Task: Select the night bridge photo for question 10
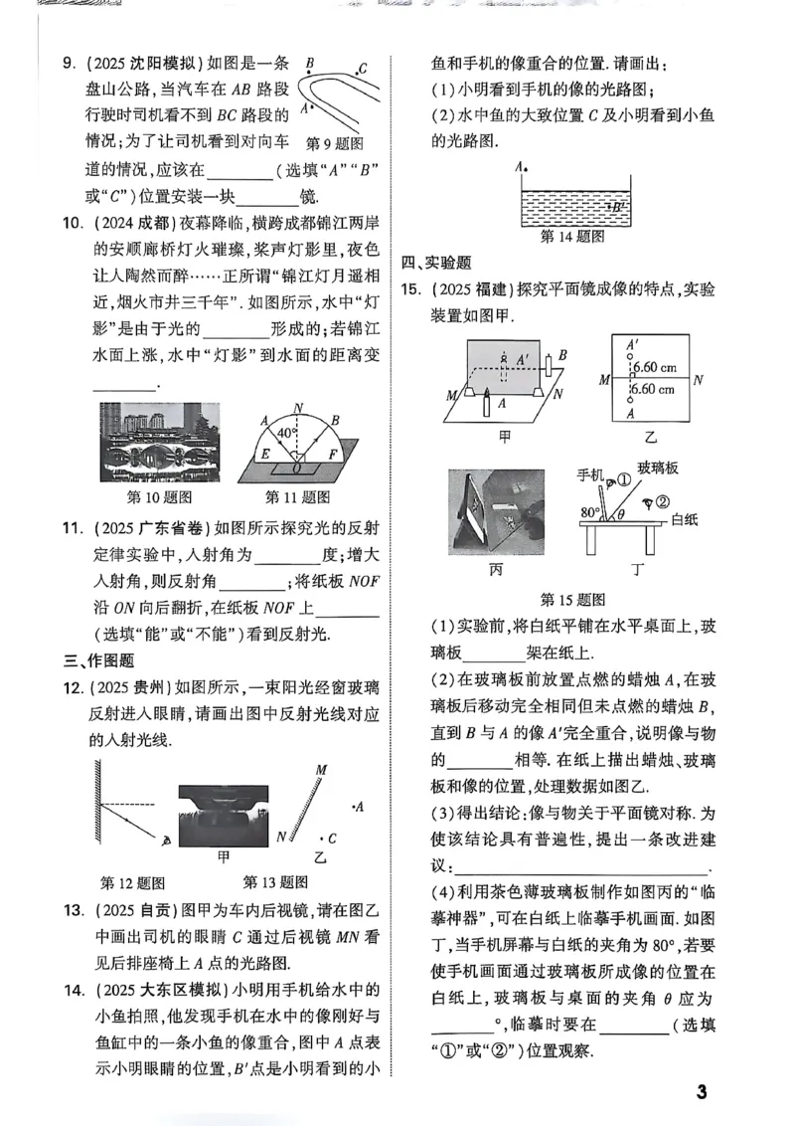157,443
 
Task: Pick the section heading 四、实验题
436,263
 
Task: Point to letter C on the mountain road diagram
364,69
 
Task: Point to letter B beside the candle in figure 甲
562,354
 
